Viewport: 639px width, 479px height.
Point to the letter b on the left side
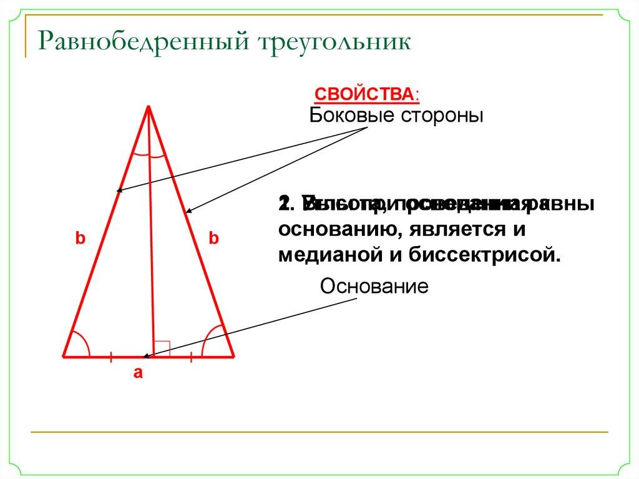[80, 238]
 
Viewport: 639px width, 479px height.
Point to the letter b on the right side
[215, 238]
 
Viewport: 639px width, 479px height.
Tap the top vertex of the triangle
[149, 107]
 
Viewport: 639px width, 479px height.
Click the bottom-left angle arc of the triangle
[80, 342]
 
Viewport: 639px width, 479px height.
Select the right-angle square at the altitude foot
[162, 348]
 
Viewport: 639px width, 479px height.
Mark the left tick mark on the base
[110, 357]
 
